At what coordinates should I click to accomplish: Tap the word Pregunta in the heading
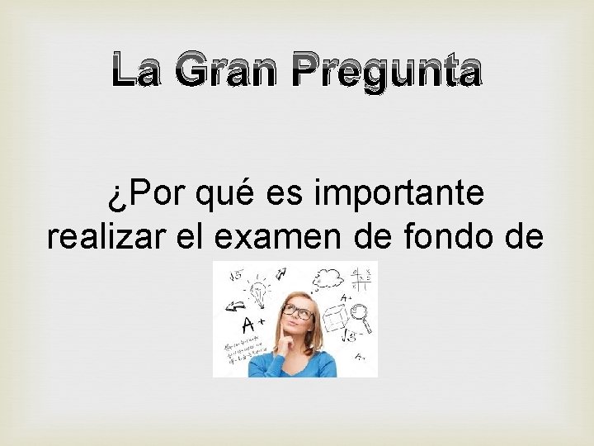point(387,72)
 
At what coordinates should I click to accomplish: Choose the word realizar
point(103,237)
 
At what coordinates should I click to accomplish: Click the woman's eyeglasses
point(298,312)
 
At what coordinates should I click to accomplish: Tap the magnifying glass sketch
point(361,312)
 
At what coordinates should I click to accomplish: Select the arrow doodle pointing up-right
point(281,273)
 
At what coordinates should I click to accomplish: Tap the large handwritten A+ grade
point(249,324)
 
